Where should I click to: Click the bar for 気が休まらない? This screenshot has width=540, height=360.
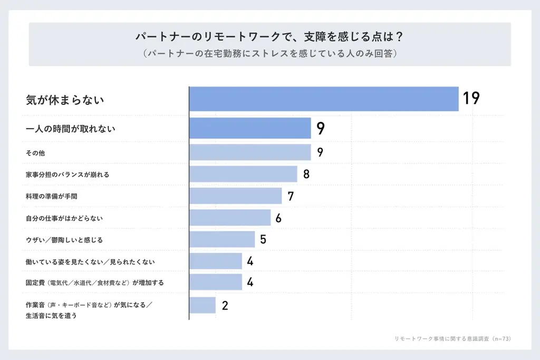pos(324,99)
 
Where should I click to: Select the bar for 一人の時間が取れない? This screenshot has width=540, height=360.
pos(250,128)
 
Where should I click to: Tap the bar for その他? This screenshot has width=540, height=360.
pos(250,152)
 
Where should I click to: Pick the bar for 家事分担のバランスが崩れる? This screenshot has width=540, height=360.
pos(243,174)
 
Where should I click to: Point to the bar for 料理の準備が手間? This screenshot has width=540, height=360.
pos(236,196)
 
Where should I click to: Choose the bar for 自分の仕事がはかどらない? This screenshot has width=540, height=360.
pos(230,218)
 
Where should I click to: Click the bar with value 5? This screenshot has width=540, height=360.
pos(222,239)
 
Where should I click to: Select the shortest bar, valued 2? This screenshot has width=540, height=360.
pos(202,305)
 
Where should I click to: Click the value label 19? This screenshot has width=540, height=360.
pos(471,99)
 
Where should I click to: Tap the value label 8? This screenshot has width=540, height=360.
pos(306,174)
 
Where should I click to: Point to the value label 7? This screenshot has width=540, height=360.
pos(291,197)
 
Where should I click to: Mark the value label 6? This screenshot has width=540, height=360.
pos(278,218)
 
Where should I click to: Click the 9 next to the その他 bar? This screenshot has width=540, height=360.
pos(320,153)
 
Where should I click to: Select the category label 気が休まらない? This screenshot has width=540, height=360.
pos(65,99)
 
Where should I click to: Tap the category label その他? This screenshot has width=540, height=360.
pos(35,153)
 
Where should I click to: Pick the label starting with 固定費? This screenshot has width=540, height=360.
pos(95,283)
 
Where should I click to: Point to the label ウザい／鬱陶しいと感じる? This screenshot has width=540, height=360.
pos(64,240)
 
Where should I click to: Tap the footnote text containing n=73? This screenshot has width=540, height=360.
pos(453,338)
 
